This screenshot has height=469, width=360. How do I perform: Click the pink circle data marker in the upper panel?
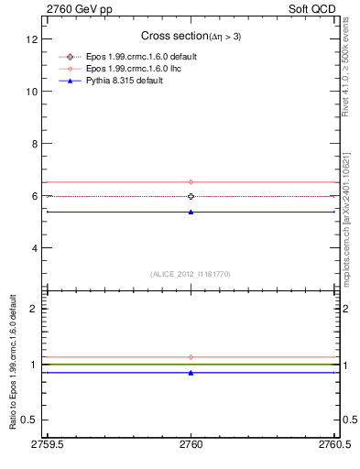(x=191, y=182)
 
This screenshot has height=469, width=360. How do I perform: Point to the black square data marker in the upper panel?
(x=191, y=196)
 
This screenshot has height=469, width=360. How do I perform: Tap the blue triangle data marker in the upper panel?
(x=191, y=212)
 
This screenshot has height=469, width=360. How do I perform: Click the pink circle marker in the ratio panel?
(x=191, y=357)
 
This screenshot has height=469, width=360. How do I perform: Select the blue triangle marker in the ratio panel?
(x=191, y=373)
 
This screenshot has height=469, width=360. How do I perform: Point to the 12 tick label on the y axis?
(x=31, y=40)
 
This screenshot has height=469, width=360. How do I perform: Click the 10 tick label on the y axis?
(x=31, y=93)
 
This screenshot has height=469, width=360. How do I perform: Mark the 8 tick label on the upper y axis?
(x=34, y=145)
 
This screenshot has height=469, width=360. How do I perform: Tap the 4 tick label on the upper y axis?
(x=34, y=248)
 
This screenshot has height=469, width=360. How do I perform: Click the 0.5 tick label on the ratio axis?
(x=29, y=422)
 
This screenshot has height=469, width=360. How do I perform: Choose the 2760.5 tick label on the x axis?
(x=333, y=448)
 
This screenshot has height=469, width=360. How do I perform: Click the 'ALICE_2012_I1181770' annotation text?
(x=191, y=274)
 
